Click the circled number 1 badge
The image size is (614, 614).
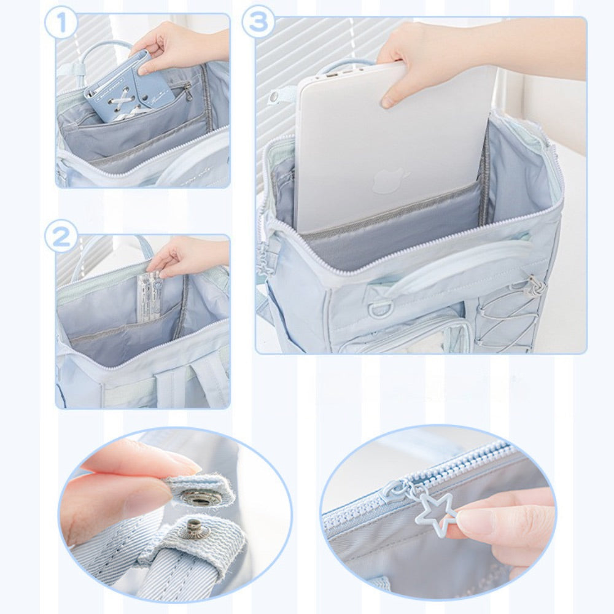pyautogui.click(x=61, y=23)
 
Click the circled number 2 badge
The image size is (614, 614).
pyautogui.click(x=61, y=236)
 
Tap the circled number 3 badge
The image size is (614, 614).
pyautogui.click(x=258, y=21)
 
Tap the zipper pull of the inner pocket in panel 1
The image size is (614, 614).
pyautogui.click(x=188, y=93)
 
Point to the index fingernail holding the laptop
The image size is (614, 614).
pyautogui.click(x=387, y=101)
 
